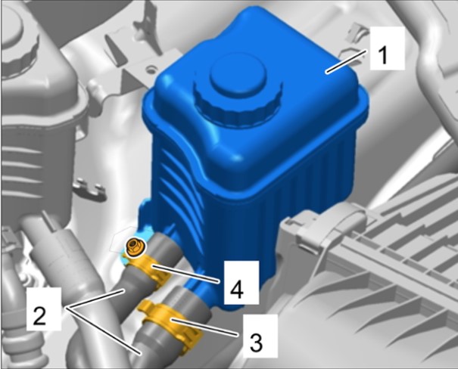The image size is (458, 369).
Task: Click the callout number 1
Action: click(x=383, y=55)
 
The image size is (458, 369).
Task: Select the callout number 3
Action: click(x=256, y=342)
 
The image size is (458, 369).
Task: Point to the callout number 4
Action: click(x=237, y=289)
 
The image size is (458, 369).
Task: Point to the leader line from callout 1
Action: click(x=347, y=61)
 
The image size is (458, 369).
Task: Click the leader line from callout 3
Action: click(x=204, y=328)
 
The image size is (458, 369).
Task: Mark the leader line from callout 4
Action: click(x=185, y=274)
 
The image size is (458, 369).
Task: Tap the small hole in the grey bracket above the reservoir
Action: click(x=151, y=70)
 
